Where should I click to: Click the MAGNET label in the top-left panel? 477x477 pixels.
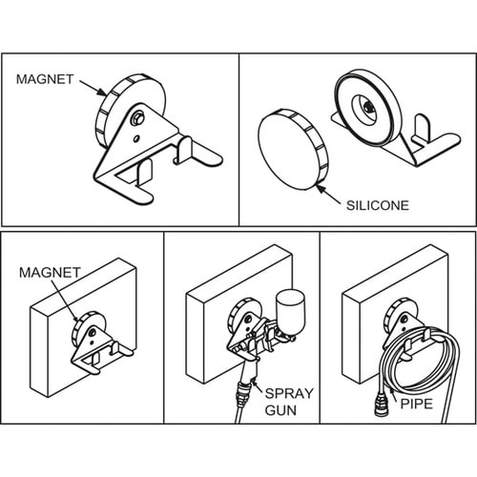tap(45, 79)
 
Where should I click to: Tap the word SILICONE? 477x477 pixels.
tap(378, 205)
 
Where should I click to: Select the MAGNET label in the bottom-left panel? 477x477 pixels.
tap(50, 273)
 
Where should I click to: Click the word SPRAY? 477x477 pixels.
tap(289, 393)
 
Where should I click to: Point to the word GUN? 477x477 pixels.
tap(280, 410)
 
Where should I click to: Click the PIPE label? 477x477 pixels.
tap(416, 404)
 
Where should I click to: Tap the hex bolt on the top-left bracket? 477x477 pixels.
tap(138, 119)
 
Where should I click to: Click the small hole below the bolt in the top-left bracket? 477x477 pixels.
tap(136, 138)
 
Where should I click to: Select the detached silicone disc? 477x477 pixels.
tap(292, 150)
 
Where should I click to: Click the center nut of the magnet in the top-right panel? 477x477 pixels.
tap(368, 108)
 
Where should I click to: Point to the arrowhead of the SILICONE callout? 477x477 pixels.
tap(321, 188)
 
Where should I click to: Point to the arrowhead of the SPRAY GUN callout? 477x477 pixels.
tap(253, 381)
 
